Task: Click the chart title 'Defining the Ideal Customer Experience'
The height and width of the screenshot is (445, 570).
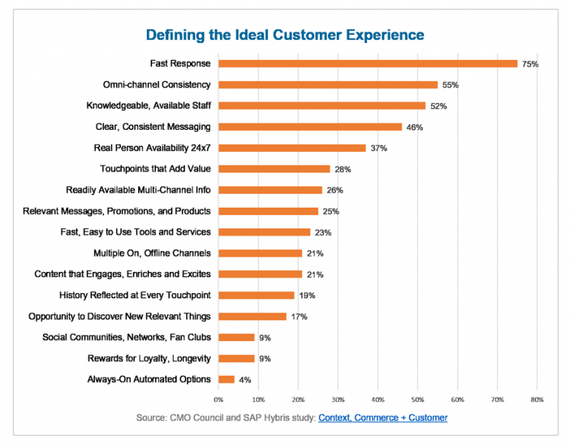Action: pos(285,35)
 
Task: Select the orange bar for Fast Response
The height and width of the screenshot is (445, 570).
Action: pos(367,64)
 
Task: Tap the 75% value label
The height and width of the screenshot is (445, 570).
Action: pos(530,65)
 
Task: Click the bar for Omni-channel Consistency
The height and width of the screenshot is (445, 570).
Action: pos(328,85)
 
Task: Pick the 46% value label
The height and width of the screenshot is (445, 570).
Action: pos(414,128)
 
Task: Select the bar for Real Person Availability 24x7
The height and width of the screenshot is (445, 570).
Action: pos(292,148)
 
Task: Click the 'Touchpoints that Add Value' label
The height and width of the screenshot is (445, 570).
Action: pos(155,169)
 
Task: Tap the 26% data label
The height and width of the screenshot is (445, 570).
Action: pos(335,191)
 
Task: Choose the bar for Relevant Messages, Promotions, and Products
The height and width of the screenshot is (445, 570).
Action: pos(268,211)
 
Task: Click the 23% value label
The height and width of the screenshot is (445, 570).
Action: pos(323,233)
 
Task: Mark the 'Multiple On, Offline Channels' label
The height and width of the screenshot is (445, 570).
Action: pos(151,253)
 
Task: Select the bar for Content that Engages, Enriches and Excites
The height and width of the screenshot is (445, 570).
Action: pos(261,274)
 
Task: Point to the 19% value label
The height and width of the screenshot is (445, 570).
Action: pos(307,296)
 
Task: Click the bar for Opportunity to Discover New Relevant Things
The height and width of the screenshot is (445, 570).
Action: pos(252,317)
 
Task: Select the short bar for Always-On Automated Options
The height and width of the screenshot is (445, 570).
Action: pos(226,380)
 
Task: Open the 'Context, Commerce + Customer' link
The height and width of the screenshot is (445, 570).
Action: pos(383,418)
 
